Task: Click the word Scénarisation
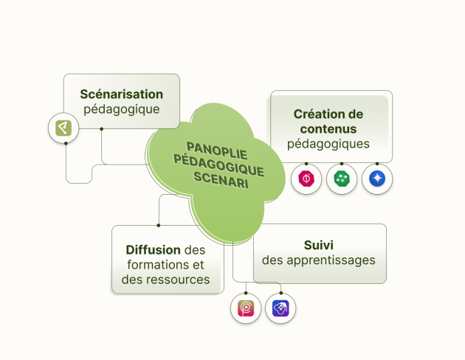tap(122, 94)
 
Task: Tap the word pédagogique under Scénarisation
tap(122, 110)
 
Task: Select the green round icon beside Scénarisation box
tap(63, 128)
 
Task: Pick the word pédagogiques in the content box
tap(328, 144)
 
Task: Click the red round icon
tap(306, 179)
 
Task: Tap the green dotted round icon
tap(342, 179)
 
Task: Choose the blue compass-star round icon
tap(377, 179)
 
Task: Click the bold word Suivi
tap(319, 244)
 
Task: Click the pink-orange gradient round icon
tap(245, 308)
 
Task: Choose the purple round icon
tap(280, 308)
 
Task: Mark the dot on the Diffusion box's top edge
tap(159, 225)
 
